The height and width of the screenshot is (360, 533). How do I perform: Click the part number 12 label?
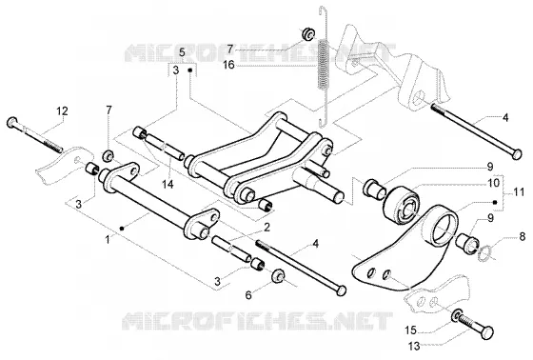[x=62, y=111]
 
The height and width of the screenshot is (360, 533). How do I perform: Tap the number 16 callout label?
[x=228, y=65]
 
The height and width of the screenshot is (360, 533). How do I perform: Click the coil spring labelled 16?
[x=324, y=65]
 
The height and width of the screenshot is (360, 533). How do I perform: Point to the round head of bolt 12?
[x=11, y=122]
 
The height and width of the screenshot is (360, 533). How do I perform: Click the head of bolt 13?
[x=487, y=332]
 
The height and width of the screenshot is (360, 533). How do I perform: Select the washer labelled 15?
[x=457, y=314]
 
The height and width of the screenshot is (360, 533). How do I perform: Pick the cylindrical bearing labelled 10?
[x=402, y=205]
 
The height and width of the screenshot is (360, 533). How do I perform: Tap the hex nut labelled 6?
[x=278, y=275]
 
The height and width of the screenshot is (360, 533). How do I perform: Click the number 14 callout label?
[x=168, y=184]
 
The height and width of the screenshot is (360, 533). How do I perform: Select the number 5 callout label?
[x=182, y=52]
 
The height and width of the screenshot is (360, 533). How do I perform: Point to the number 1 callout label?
[x=108, y=240]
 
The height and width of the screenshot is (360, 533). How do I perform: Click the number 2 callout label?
[x=266, y=227]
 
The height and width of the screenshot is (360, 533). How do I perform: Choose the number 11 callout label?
[x=519, y=192]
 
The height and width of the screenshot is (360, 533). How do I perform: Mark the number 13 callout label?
[x=414, y=347]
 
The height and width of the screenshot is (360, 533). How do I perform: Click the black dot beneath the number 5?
[x=190, y=70]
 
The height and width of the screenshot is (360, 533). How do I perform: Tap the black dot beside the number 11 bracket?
[x=495, y=202]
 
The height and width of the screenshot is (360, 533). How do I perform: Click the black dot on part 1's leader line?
[x=122, y=229]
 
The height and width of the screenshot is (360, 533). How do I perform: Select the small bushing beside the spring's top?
[x=308, y=33]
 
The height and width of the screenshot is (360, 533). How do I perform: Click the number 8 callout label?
[x=523, y=236]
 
